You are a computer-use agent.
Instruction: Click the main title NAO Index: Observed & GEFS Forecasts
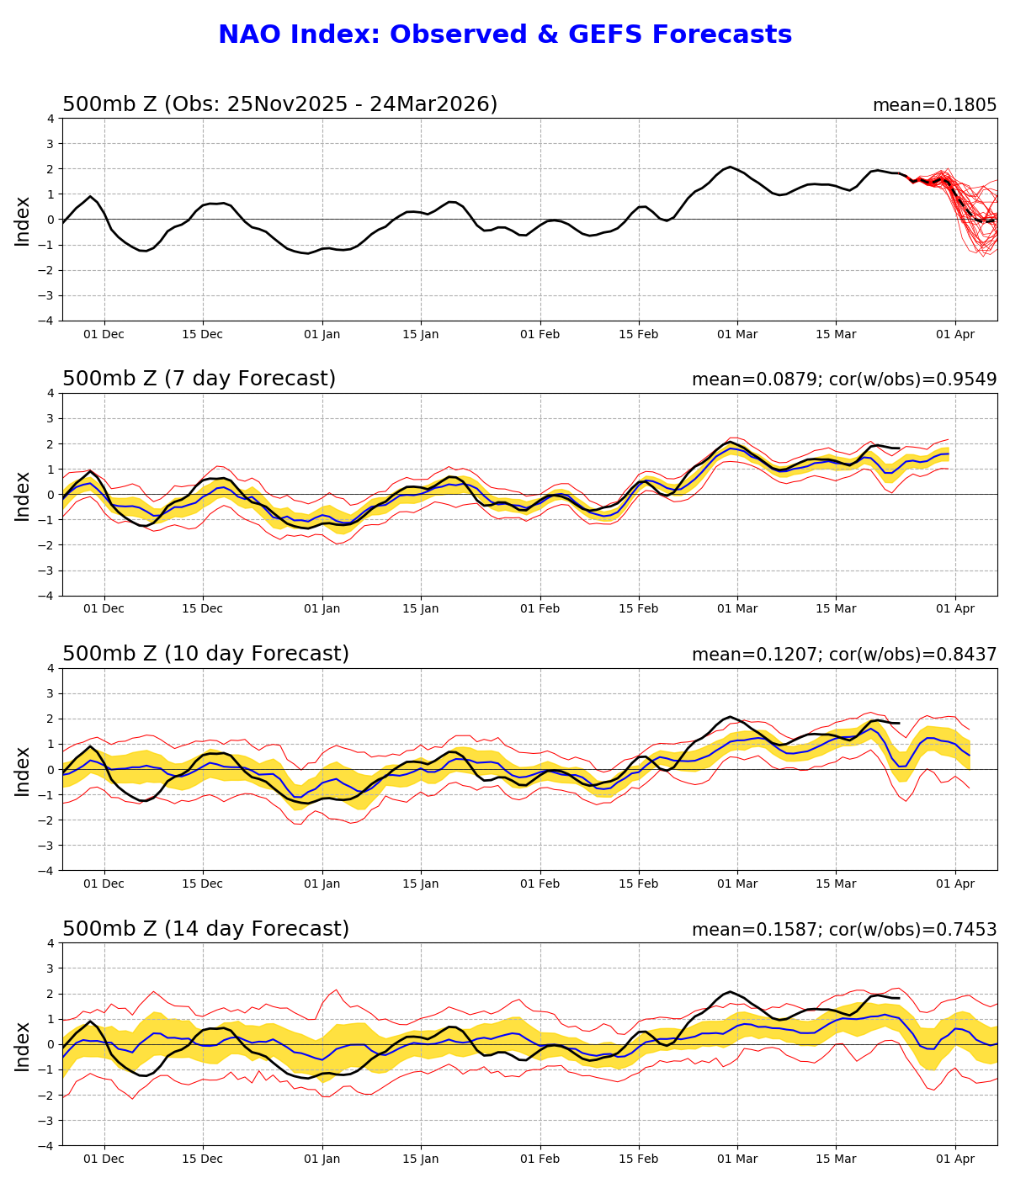pyautogui.click(x=505, y=35)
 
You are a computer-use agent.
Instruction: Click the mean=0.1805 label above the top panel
pyautogui.click(x=934, y=105)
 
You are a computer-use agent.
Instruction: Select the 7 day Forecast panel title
pyautogui.click(x=199, y=379)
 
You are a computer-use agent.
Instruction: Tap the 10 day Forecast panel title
pyautogui.click(x=205, y=655)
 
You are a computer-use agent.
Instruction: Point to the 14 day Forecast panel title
pyautogui.click(x=205, y=930)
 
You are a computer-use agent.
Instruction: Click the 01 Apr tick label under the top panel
pyautogui.click(x=955, y=334)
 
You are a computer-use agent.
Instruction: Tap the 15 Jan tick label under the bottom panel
pyautogui.click(x=420, y=1159)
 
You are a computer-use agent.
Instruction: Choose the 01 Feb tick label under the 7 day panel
pyautogui.click(x=540, y=609)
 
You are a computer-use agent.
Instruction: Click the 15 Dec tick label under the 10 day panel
pyautogui.click(x=202, y=884)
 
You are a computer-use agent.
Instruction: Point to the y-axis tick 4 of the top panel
pyautogui.click(x=50, y=119)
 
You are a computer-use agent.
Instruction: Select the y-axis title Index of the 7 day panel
pyautogui.click(x=23, y=496)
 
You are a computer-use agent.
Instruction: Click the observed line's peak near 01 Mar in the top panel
pyautogui.click(x=730, y=167)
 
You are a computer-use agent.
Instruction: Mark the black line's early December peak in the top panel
pyautogui.click(x=90, y=197)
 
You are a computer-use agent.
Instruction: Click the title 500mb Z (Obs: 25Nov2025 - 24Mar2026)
pyautogui.click(x=279, y=104)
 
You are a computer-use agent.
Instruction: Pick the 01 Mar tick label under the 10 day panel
pyautogui.click(x=737, y=884)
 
